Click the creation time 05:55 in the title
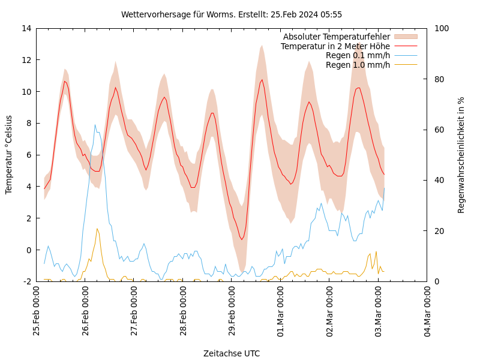click(331, 14)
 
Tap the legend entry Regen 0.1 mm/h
click(358, 55)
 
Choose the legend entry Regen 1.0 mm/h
click(358, 65)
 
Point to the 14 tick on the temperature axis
click(26, 28)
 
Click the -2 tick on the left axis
click(27, 281)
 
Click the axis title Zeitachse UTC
click(232, 353)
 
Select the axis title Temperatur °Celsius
click(9, 155)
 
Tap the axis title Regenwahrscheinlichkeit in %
click(461, 155)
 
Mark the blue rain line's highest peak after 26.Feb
click(95, 125)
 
